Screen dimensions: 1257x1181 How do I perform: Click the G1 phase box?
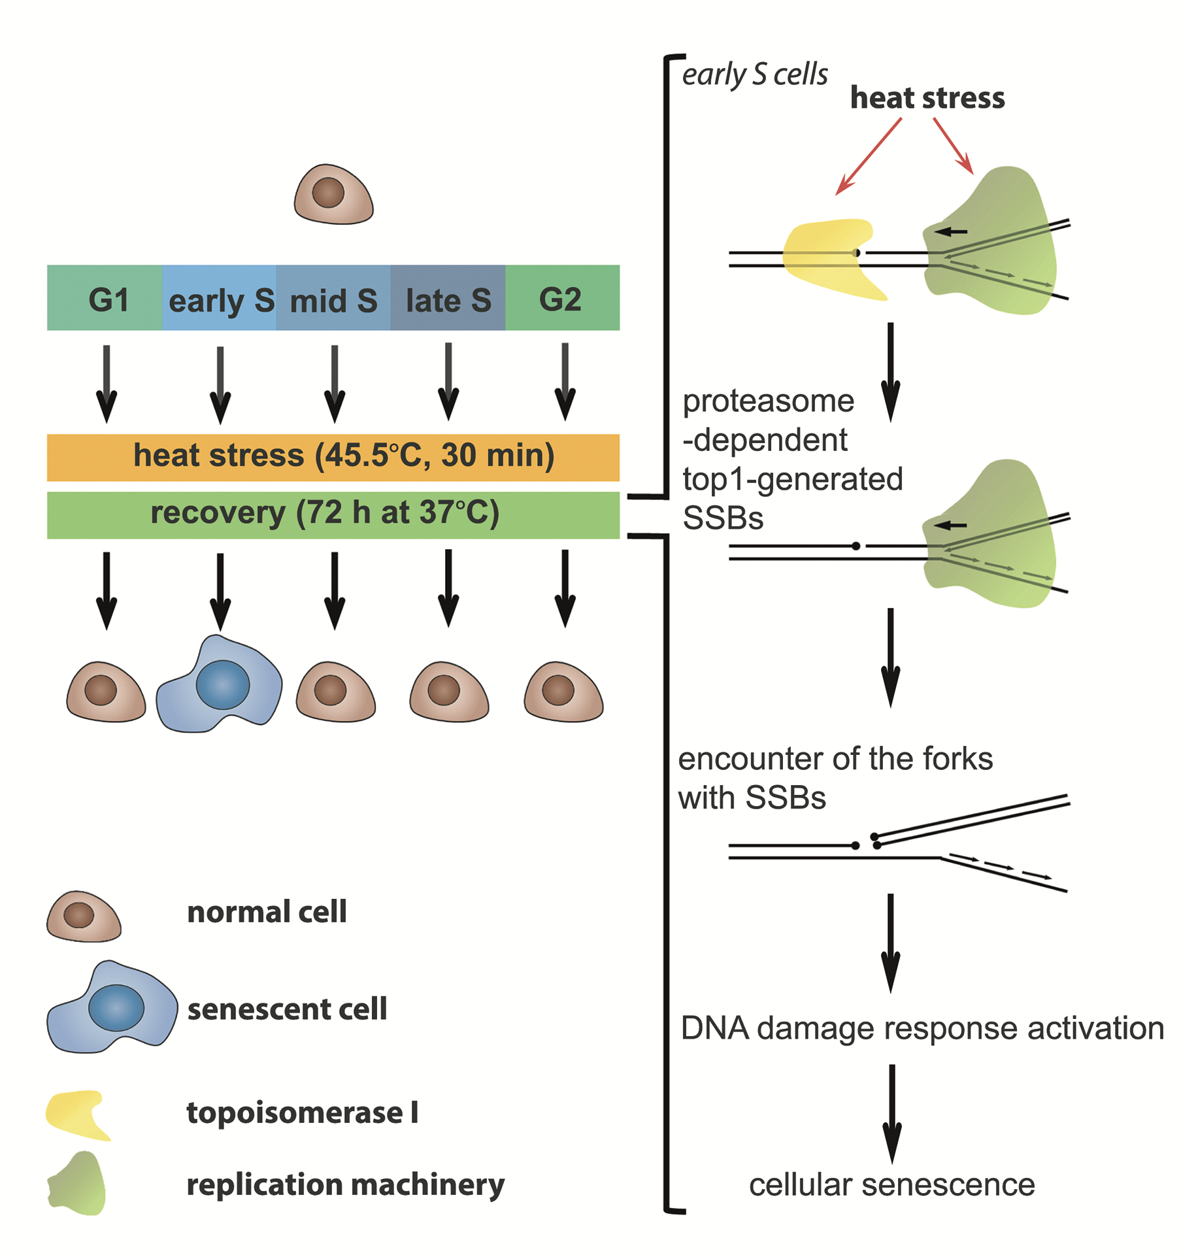tap(105, 298)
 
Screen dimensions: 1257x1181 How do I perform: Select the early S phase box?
tap(219, 298)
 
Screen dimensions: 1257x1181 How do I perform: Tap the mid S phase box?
tap(333, 298)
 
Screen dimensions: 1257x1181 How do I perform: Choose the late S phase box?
tap(448, 298)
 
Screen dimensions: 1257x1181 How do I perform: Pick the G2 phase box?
tap(562, 298)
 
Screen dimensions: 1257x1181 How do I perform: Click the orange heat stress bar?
tap(333, 457)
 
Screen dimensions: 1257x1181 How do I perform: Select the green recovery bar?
tap(333, 514)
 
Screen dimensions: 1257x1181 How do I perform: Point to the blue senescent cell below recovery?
tap(220, 685)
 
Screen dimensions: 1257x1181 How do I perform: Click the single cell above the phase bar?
tap(333, 195)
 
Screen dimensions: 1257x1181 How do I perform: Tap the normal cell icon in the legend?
tap(83, 916)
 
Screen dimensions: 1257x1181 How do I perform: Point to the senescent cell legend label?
tap(287, 1009)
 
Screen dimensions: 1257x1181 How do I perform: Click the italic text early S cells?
tap(754, 75)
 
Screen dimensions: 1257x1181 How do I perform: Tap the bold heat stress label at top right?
tap(927, 98)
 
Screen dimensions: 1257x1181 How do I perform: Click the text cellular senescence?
tap(891, 1184)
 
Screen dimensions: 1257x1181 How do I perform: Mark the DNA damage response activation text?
tap(922, 1028)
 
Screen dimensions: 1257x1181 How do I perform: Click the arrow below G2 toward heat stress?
tap(565, 382)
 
